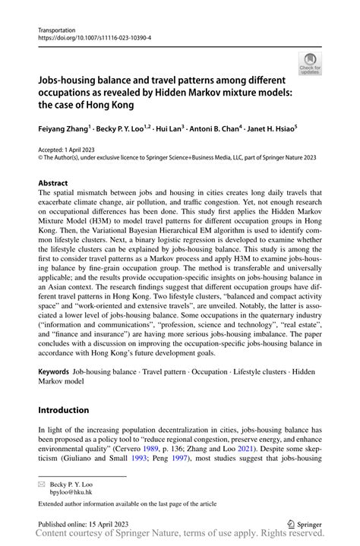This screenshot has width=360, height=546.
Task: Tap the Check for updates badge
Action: tap(310, 65)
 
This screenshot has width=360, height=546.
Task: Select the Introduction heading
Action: tap(64, 410)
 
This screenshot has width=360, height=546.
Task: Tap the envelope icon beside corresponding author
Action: tap(42, 483)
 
